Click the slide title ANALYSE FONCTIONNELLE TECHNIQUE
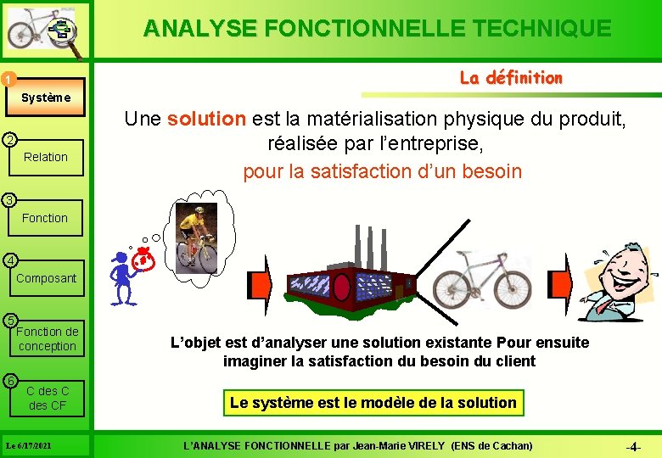point(377,29)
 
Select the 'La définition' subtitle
point(511,78)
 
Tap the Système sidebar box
point(46,98)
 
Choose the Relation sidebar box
point(46,157)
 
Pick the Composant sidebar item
point(46,278)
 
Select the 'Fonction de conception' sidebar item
point(48,338)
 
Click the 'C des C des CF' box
point(48,398)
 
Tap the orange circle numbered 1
point(8,80)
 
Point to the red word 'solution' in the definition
point(206,119)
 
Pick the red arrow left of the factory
point(258,285)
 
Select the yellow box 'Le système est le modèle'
point(373,403)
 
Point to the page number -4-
point(632,446)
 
